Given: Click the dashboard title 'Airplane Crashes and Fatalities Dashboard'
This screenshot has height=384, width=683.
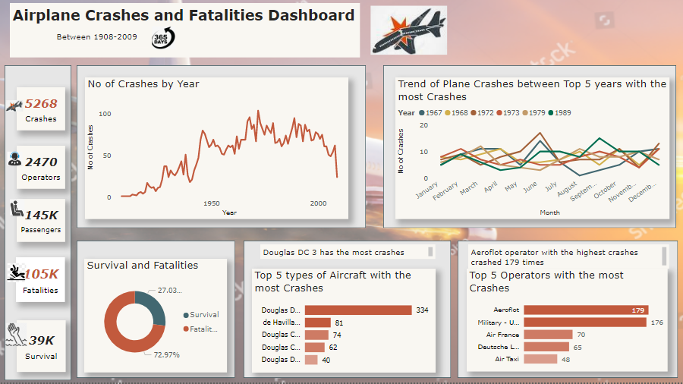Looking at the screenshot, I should [x=184, y=16].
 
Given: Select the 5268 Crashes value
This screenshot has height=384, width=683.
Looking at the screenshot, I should [x=41, y=104].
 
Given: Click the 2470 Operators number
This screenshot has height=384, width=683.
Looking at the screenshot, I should [x=41, y=162].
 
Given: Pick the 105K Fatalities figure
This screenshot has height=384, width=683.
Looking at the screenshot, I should [x=41, y=275].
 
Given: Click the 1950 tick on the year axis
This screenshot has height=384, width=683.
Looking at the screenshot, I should [x=212, y=203].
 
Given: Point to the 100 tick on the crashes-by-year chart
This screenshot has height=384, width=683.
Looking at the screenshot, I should [x=105, y=114].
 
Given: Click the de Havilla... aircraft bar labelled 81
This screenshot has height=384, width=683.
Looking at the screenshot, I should [x=319, y=323].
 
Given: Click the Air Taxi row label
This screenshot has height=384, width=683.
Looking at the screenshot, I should [x=507, y=359].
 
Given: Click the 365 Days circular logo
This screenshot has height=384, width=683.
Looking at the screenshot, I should [x=162, y=37].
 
